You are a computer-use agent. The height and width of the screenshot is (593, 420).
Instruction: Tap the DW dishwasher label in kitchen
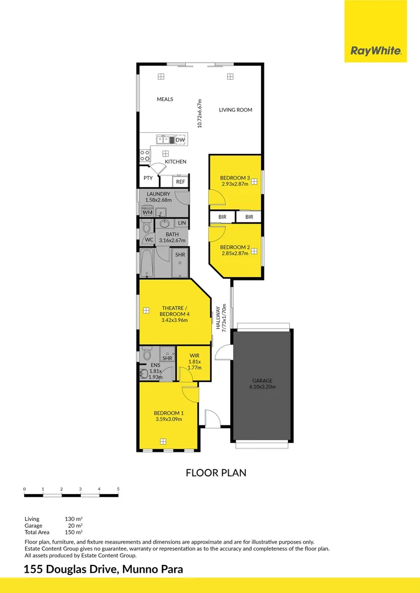point(180,140)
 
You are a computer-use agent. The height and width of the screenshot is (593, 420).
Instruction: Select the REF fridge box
point(180,181)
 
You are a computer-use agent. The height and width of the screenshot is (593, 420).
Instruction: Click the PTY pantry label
point(148,178)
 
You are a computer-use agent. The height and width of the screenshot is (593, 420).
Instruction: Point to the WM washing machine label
point(147,212)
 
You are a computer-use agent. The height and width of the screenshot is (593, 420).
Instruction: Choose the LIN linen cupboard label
point(182,223)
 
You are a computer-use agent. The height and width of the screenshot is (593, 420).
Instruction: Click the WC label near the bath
point(149,240)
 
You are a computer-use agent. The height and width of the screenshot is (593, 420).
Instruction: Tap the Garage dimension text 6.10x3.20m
point(262,387)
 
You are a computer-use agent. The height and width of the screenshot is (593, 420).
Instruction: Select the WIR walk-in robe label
point(194,355)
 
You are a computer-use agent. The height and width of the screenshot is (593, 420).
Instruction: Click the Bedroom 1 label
point(169,413)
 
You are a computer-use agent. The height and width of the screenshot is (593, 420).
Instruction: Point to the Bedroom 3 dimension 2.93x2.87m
point(235,184)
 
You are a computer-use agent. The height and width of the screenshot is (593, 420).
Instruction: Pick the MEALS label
point(165,99)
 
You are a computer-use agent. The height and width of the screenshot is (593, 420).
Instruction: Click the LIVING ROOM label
point(235,110)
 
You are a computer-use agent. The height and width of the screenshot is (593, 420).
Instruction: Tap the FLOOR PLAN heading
point(215,472)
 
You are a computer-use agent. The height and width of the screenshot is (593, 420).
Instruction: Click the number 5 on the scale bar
point(118,489)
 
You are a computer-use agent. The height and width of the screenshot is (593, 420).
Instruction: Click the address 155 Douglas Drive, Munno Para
point(103,570)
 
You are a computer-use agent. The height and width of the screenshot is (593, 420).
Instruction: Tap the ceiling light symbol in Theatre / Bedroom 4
point(146,310)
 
